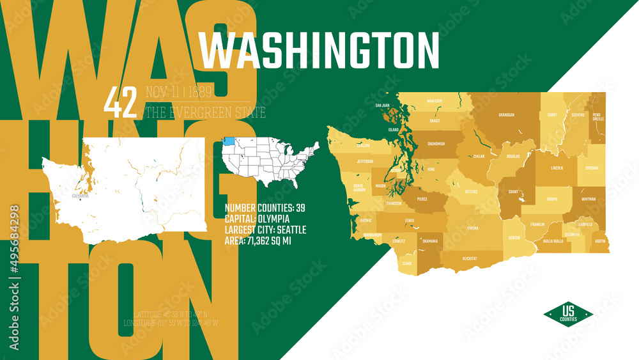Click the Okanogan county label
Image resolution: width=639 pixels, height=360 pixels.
pyautogui.click(x=506, y=115)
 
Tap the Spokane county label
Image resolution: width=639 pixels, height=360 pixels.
pyautogui.click(x=592, y=168)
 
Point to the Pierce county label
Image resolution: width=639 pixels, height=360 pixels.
pyautogui.click(x=422, y=199)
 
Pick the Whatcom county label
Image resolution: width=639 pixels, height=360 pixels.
pyautogui.click(x=434, y=101)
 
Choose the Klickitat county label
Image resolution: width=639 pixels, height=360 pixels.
pyautogui.click(x=470, y=259)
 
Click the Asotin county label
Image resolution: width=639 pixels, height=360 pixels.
pyautogui.click(x=599, y=241)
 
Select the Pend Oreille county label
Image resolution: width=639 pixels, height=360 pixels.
pyautogui.click(x=597, y=117)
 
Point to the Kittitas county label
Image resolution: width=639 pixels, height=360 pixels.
pyautogui.click(x=470, y=191)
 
